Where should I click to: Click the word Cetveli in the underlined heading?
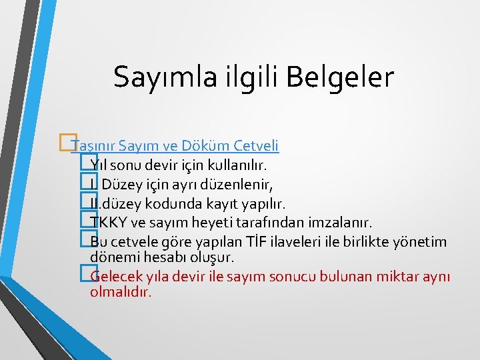tap(257, 145)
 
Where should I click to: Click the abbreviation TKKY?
tap(107, 222)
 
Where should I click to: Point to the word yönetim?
tap(424, 241)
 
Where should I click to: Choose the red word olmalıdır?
tap(121, 291)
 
